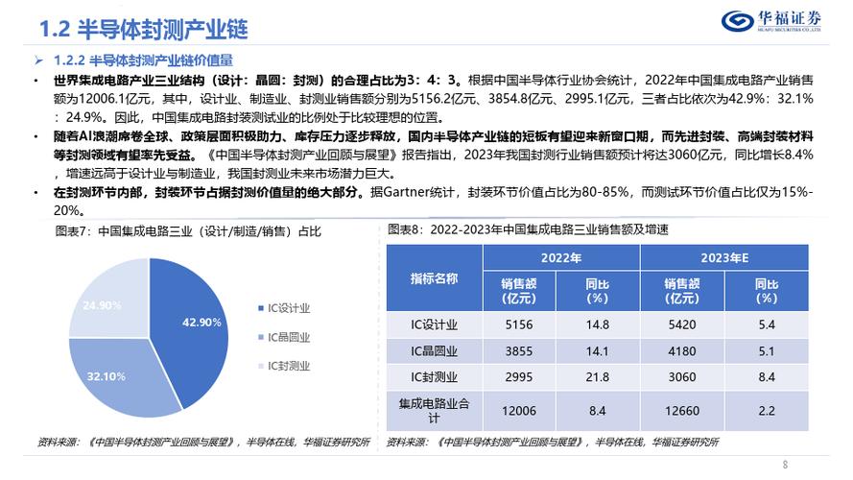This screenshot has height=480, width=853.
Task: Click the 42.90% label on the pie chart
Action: click(201, 322)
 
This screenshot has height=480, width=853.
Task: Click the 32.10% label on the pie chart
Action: click(105, 376)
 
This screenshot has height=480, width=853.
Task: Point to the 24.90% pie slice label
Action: click(101, 305)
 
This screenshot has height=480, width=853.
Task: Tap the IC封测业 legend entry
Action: click(291, 366)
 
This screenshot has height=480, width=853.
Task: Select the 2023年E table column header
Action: click(724, 258)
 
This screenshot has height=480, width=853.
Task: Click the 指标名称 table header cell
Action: click(434, 278)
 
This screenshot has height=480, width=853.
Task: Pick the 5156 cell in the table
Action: click(521, 324)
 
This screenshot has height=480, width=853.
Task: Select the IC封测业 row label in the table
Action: click(434, 377)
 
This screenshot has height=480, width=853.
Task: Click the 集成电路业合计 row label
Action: click(434, 411)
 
